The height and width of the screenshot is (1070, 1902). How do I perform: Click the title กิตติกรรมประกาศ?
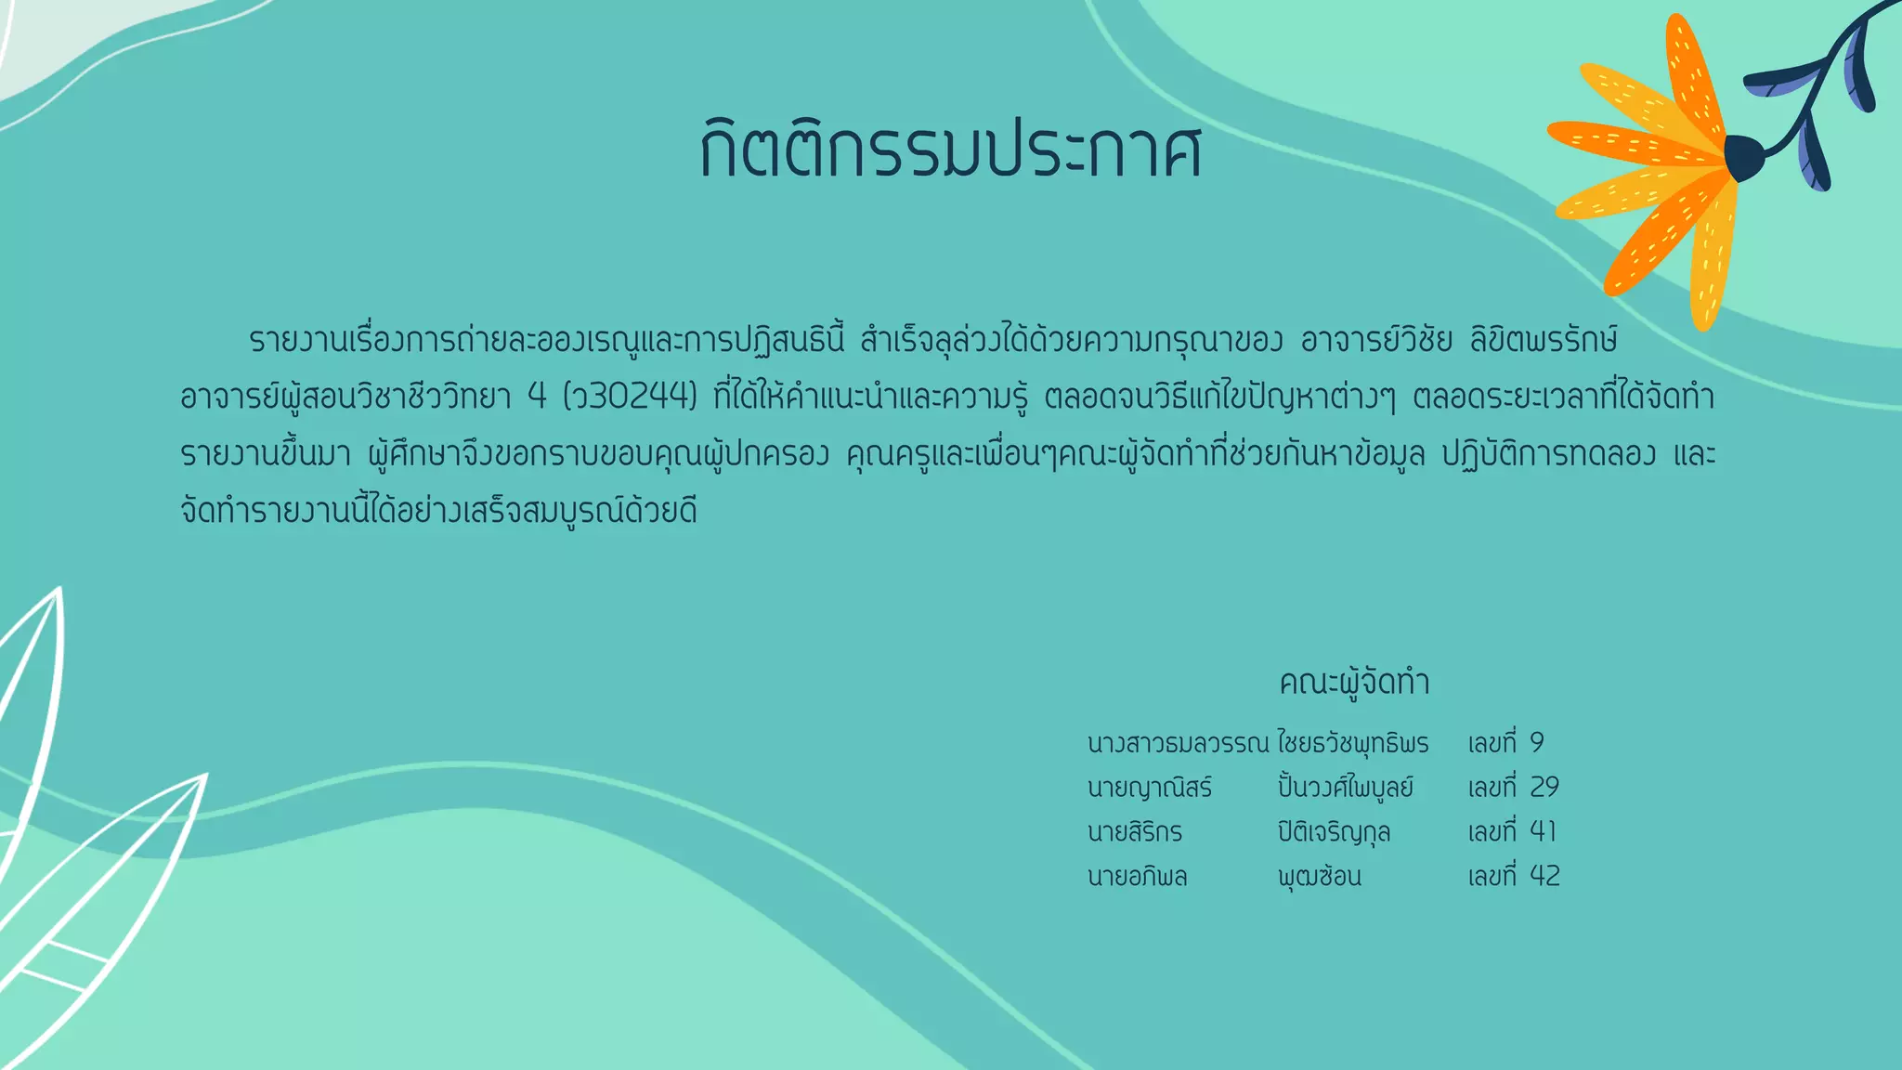click(x=951, y=150)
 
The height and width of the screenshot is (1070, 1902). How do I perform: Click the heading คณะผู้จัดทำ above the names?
click(x=1354, y=683)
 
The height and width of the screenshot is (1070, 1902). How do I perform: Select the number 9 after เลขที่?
click(x=1537, y=743)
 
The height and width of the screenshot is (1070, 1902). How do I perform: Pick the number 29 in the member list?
click(x=1544, y=788)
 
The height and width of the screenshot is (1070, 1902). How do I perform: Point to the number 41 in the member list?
click(x=1543, y=831)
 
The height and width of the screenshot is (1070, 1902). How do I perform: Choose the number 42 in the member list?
click(x=1544, y=876)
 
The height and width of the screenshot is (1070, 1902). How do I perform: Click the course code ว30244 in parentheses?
click(x=631, y=398)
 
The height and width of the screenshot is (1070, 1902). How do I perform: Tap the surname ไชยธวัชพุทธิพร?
click(x=1352, y=743)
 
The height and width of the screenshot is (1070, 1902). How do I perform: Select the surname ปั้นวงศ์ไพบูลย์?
click(x=1345, y=788)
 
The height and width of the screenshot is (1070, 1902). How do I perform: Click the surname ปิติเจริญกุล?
click(x=1334, y=832)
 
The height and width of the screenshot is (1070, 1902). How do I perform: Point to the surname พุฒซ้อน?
click(x=1319, y=877)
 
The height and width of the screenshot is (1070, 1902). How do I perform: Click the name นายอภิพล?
click(x=1137, y=877)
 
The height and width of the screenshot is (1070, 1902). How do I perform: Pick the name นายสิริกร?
click(x=1134, y=832)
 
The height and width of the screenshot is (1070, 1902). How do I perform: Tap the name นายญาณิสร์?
click(x=1150, y=788)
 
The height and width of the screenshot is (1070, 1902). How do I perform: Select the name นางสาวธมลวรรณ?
click(x=1178, y=743)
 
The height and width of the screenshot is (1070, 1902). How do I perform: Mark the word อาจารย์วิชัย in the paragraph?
click(x=1376, y=341)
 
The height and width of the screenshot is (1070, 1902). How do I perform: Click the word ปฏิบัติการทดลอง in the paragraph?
click(x=1548, y=455)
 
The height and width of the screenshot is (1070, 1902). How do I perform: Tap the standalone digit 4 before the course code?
click(x=537, y=398)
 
